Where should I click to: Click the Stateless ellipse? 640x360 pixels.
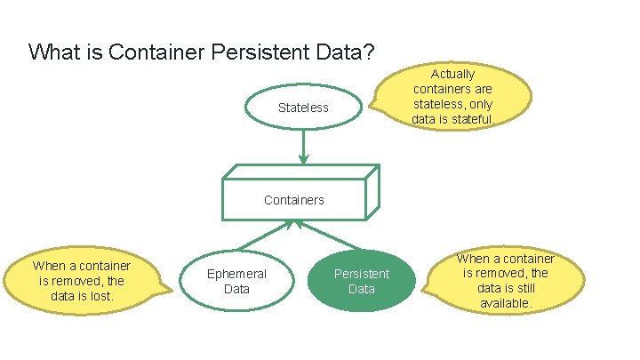tap(303, 108)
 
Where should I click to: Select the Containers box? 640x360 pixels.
tap(294, 199)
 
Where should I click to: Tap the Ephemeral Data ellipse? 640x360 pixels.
tap(236, 282)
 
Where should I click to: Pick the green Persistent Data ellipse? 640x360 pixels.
tap(362, 282)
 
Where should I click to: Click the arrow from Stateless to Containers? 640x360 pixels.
tap(303, 147)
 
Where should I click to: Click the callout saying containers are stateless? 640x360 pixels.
tap(453, 96)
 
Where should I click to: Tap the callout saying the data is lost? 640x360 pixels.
tap(82, 281)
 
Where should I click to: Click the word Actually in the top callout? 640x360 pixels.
tap(453, 74)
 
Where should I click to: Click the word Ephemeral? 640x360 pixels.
tap(236, 275)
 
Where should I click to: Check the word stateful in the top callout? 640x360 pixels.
tap(472, 119)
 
